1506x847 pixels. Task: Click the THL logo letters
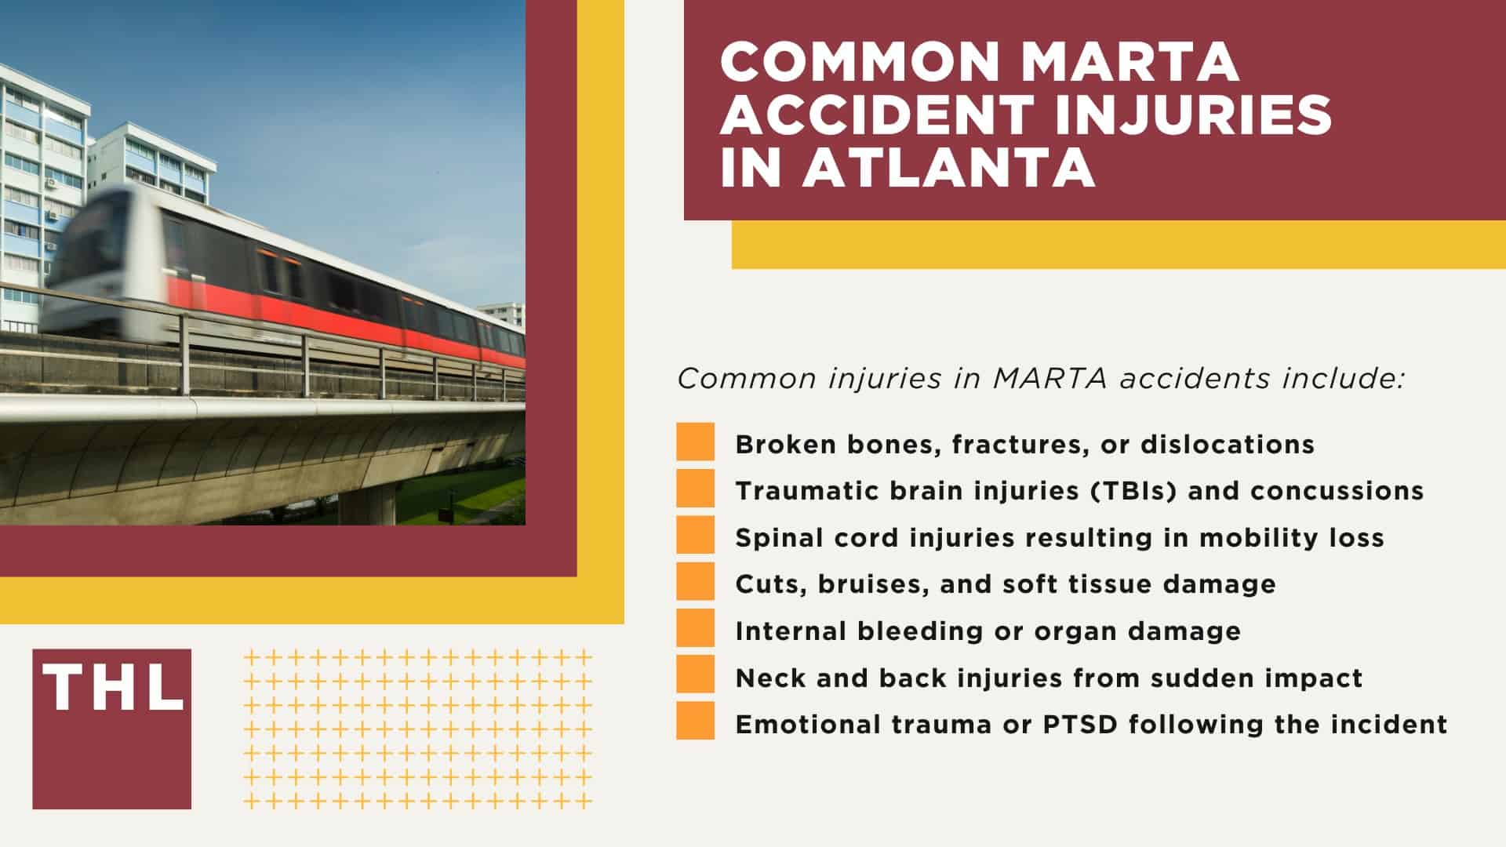pos(112,688)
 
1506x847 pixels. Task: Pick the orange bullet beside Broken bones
pos(695,442)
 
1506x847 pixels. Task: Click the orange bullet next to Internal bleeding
pos(695,628)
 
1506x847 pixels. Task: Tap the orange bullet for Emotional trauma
pos(695,721)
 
